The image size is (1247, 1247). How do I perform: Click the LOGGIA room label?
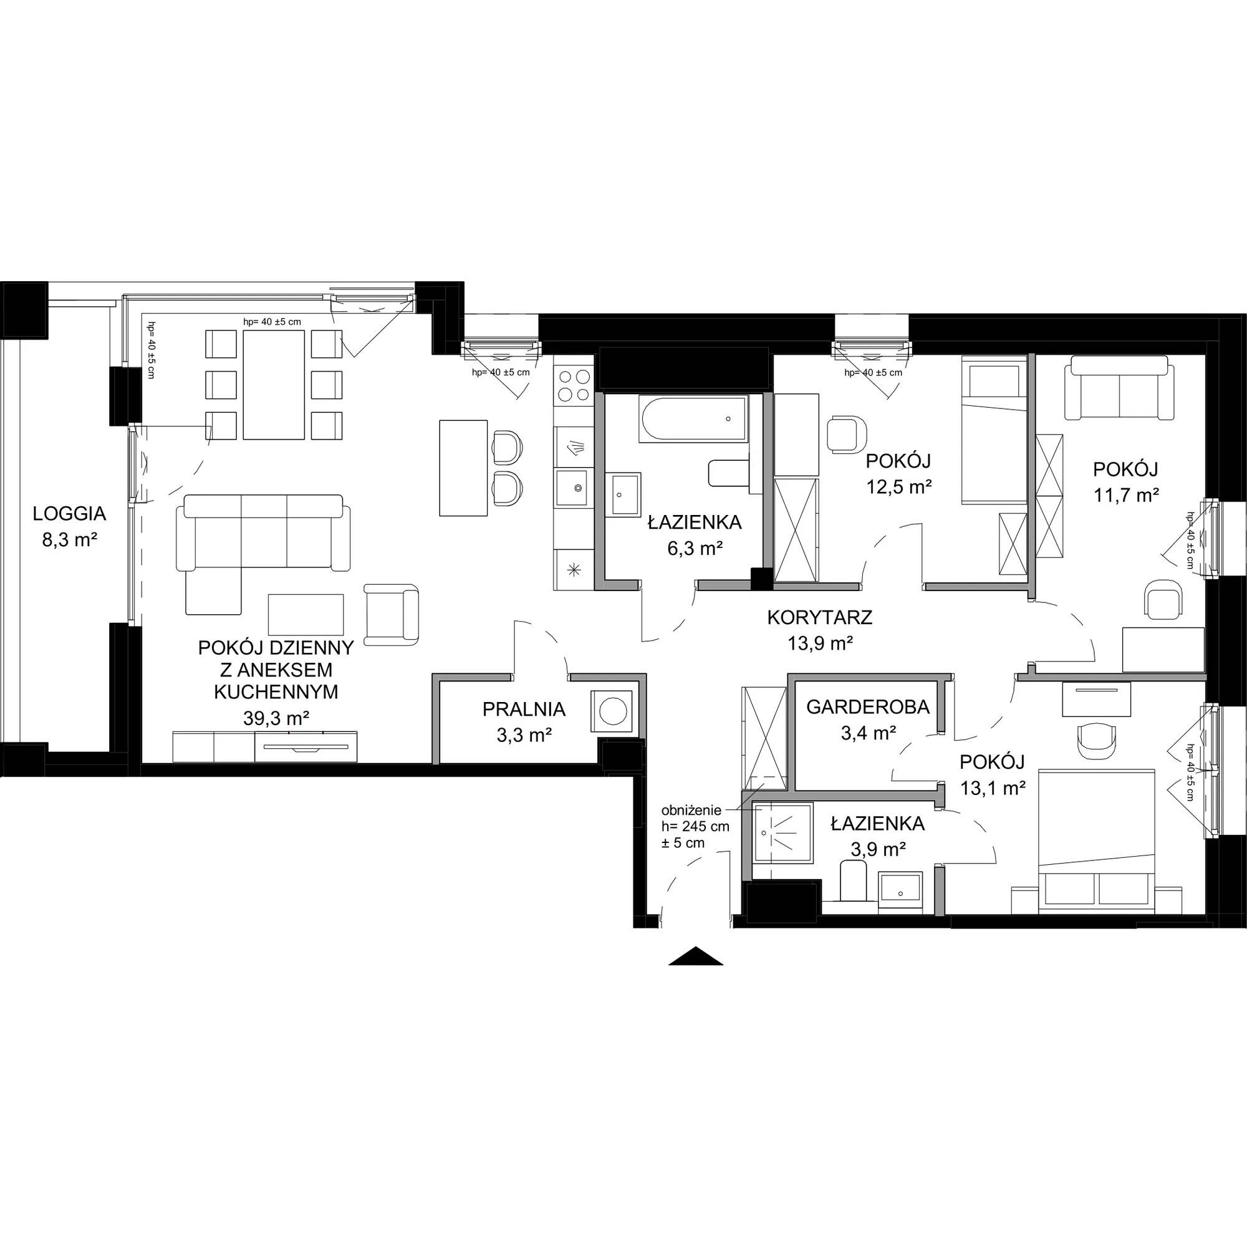point(70,514)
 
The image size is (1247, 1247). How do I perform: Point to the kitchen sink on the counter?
point(573,488)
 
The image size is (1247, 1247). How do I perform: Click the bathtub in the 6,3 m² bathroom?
point(694,419)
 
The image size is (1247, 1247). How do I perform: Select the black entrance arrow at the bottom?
point(696,955)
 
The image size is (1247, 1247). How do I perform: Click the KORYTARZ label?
point(820,618)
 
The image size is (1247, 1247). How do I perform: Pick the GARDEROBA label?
point(868,708)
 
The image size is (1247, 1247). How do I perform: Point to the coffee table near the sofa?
point(306,615)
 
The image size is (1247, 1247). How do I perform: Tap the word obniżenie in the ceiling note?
point(694,811)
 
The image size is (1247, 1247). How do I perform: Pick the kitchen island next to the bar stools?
point(463,468)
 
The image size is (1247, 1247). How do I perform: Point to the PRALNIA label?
point(524,710)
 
